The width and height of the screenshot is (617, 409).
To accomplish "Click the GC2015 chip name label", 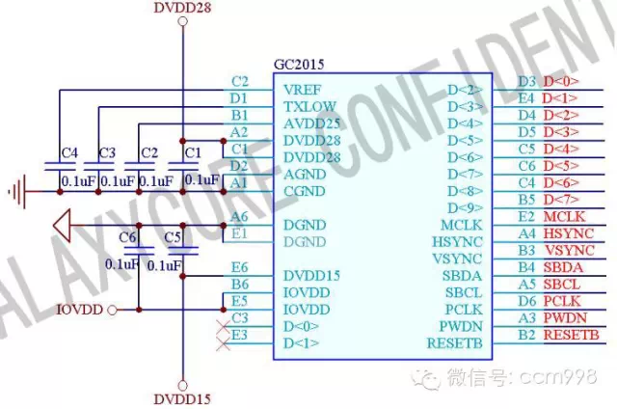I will coord(299,64).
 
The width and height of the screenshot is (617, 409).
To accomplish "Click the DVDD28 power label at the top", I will coord(182,9).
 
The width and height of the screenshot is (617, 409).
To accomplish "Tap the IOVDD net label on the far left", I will coord(79,310).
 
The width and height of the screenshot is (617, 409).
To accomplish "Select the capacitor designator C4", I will coord(68,152).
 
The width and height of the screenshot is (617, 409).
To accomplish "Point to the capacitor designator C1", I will coord(193,152).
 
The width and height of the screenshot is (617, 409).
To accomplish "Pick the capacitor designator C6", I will coord(127,237).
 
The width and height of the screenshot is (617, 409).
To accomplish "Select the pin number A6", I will coord(239,216).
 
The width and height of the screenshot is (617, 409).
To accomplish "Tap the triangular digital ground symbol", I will coord(64,227).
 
